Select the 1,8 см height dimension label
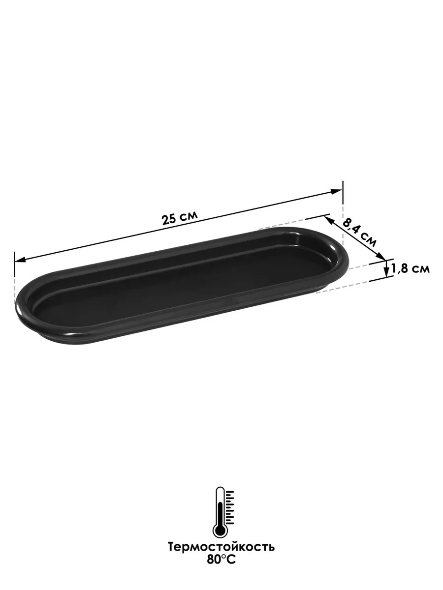coord(411,269)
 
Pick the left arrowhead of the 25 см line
coord(21,260)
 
